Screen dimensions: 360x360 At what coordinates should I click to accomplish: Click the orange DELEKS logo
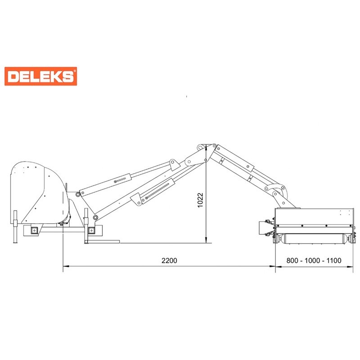pyautogui.click(x=40, y=76)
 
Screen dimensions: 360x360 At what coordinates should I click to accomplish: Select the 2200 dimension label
pyautogui.click(x=169, y=261)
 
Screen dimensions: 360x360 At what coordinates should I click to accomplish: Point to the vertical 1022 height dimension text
pyautogui.click(x=200, y=200)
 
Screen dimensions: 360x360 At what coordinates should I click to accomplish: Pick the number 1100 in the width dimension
pyautogui.click(x=333, y=261)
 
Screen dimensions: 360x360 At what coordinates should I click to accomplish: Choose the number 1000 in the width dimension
pyautogui.click(x=313, y=261)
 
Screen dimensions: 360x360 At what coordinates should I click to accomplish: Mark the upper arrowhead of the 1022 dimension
pyautogui.click(x=206, y=147)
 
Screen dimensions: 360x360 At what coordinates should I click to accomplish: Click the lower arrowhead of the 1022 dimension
pyautogui.click(x=206, y=240)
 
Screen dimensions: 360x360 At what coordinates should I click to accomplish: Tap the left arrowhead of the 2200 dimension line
pyautogui.click(x=66, y=266)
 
